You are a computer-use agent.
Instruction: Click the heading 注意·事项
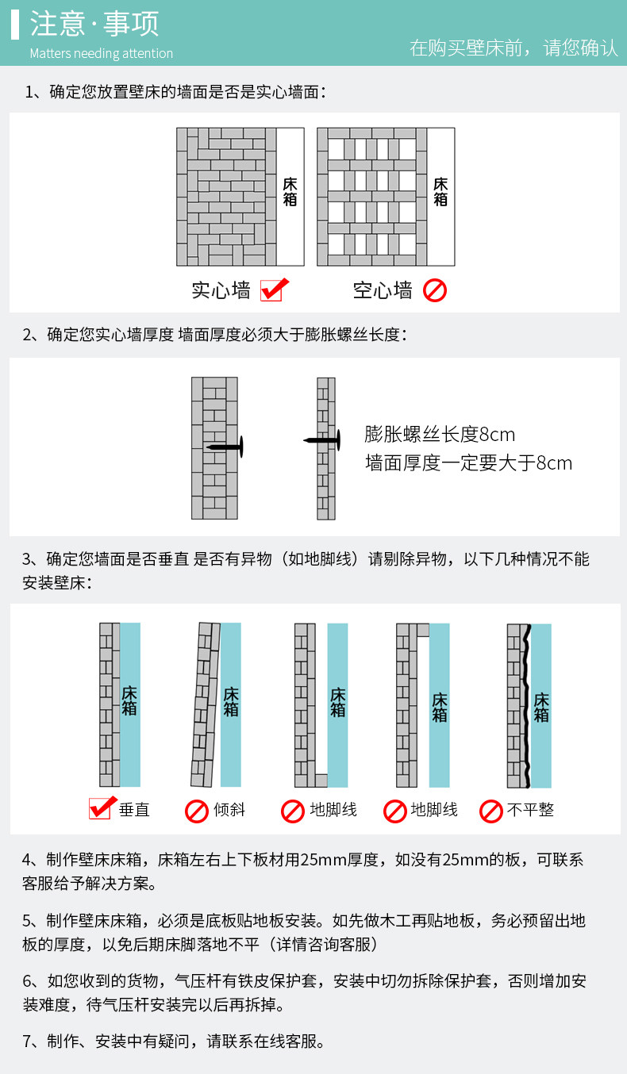point(94,24)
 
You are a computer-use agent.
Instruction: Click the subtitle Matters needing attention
point(101,54)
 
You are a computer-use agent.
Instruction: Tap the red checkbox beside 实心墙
point(272,290)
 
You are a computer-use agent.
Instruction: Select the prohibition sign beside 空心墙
point(434,290)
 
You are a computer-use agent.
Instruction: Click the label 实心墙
point(221,290)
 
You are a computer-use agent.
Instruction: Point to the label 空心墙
point(383,290)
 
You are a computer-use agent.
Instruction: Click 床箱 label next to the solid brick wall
point(290,192)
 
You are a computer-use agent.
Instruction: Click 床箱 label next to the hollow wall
point(440,192)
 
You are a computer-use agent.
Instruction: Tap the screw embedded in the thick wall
point(225,447)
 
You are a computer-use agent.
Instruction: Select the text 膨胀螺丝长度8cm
point(440,435)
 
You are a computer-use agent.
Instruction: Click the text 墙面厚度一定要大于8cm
point(468,463)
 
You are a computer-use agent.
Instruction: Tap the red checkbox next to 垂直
point(101,808)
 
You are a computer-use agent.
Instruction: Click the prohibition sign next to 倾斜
point(196,811)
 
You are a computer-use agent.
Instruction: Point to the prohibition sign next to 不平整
point(491,811)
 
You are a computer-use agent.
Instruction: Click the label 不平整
point(530,810)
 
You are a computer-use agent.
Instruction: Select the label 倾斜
point(229,810)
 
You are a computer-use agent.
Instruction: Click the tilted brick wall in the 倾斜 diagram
point(206,704)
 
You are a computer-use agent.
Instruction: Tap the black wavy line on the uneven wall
point(526,704)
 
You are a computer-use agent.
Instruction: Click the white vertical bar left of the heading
point(15,25)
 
